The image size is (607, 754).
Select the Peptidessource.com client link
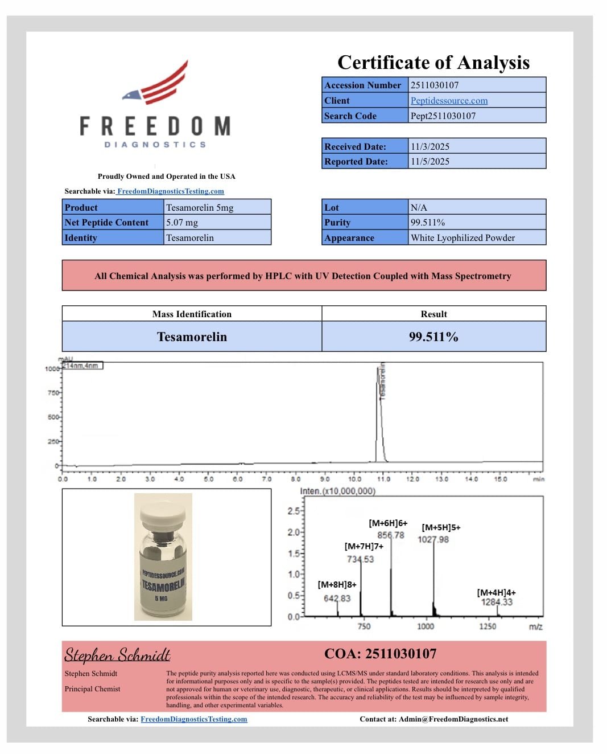(x=449, y=101)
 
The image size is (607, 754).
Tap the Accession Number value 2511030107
(x=435, y=85)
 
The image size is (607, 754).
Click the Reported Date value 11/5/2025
(x=430, y=162)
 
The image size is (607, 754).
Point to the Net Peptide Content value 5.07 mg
(x=182, y=223)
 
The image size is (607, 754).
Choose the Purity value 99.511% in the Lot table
(x=428, y=223)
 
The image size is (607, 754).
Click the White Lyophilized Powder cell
(x=463, y=238)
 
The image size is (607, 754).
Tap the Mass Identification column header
(x=192, y=314)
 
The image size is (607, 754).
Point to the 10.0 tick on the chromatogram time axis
(x=354, y=479)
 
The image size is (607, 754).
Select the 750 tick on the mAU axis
(x=53, y=393)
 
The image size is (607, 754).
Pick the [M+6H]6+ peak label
(x=388, y=523)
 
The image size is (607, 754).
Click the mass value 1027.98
(x=433, y=539)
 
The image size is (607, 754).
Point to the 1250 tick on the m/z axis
(x=488, y=626)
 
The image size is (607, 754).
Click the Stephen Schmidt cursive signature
(x=117, y=655)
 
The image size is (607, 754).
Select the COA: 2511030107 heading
(x=380, y=654)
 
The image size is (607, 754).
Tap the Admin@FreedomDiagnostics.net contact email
(x=453, y=719)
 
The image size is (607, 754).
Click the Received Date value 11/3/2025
(x=430, y=146)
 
